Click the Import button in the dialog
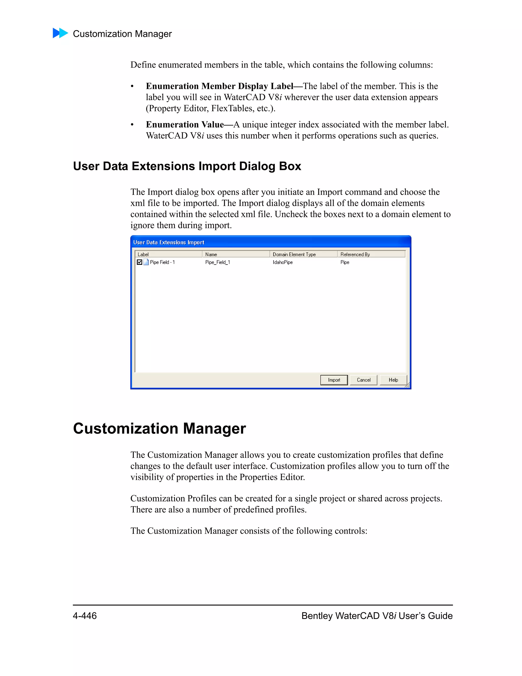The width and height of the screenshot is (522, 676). point(334,380)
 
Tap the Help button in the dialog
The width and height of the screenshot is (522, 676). point(393,380)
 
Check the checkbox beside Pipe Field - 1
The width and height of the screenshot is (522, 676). point(139,262)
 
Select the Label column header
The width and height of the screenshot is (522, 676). point(168,254)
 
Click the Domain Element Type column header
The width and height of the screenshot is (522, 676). point(303,254)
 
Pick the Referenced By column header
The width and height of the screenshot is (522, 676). point(371,254)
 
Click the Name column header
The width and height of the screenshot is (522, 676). point(236,254)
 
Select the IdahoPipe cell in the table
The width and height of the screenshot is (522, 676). point(283,262)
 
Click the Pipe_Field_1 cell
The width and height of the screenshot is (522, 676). point(217,262)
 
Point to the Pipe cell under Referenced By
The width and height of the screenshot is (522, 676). point(345,262)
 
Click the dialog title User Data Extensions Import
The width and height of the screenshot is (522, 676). point(168,242)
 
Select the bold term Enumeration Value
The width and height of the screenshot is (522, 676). point(185,124)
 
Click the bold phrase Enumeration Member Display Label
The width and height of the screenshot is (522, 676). point(219,86)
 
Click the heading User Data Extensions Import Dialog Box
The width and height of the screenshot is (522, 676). point(187,166)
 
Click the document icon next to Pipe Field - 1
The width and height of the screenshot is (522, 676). point(146,262)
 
